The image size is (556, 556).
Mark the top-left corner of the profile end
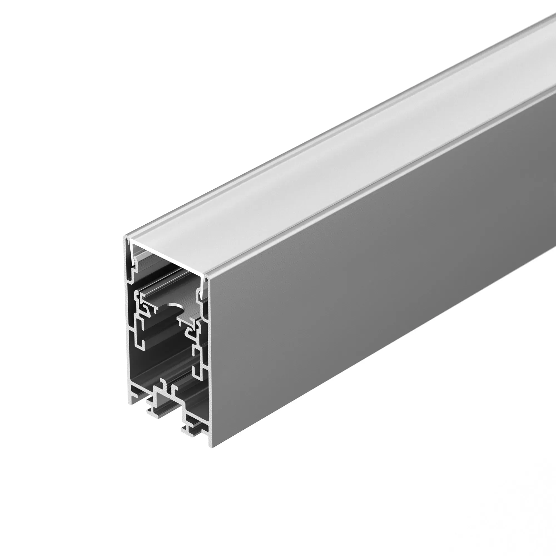(x=125, y=237)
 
